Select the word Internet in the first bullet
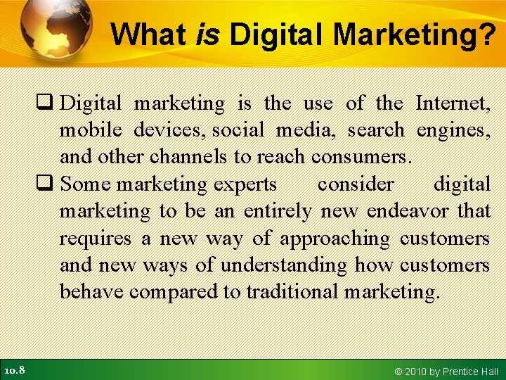click(453, 103)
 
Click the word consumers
click(361, 157)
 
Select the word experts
click(245, 184)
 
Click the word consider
click(356, 184)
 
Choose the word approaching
click(335, 239)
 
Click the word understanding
click(284, 265)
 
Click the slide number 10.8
click(15, 369)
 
